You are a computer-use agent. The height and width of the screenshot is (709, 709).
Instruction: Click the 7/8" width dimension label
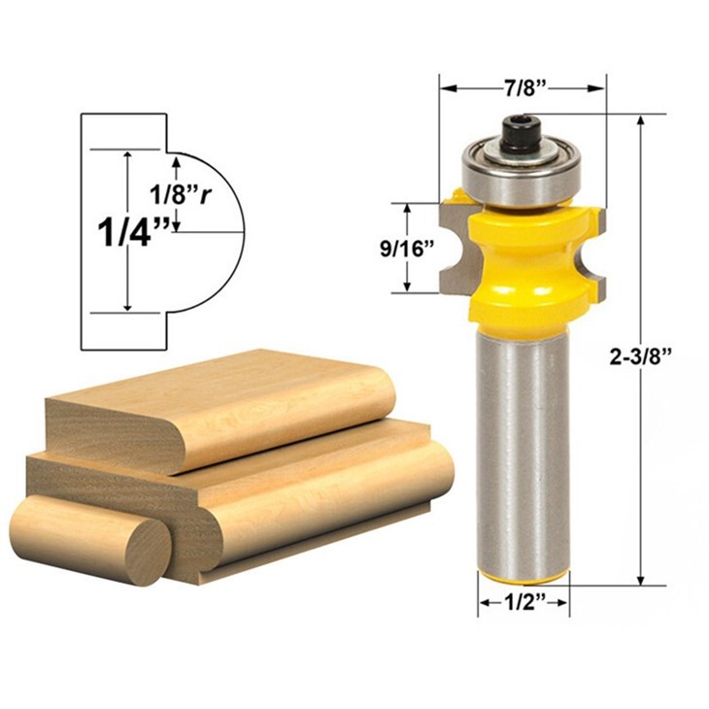tap(523, 88)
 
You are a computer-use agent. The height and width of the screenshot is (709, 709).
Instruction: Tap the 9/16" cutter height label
tap(407, 249)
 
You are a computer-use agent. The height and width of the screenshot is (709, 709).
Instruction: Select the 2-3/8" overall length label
tap(639, 357)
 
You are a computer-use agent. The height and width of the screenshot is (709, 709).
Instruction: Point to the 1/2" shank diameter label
tap(523, 603)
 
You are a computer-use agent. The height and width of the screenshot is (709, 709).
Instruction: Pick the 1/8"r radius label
tap(181, 194)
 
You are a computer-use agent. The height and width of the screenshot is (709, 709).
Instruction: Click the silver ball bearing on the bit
tap(521, 172)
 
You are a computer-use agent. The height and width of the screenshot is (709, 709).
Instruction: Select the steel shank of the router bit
tap(524, 453)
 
